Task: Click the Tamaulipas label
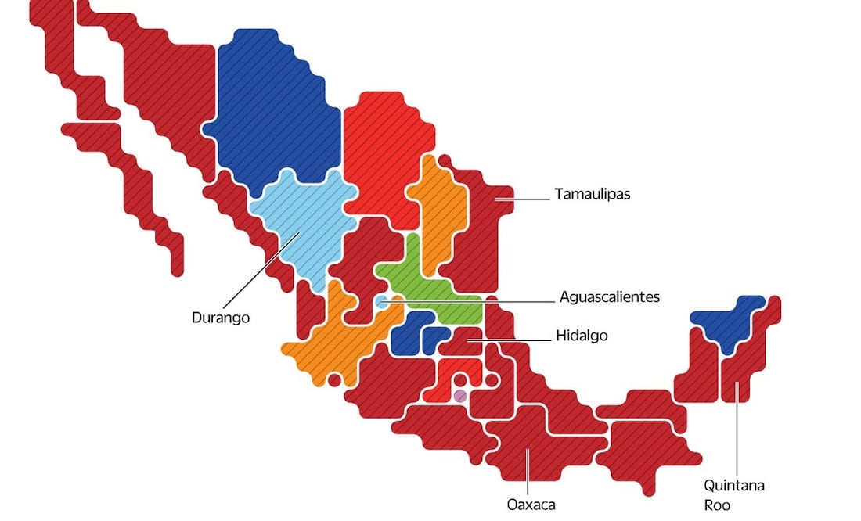point(592,194)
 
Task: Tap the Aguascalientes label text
point(609,296)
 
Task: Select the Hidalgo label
point(582,336)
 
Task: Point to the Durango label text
point(221,318)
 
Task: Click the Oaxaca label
point(531,505)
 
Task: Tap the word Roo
point(716,505)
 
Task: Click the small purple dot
point(460,396)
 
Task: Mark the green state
point(427,286)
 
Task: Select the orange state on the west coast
point(329,344)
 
